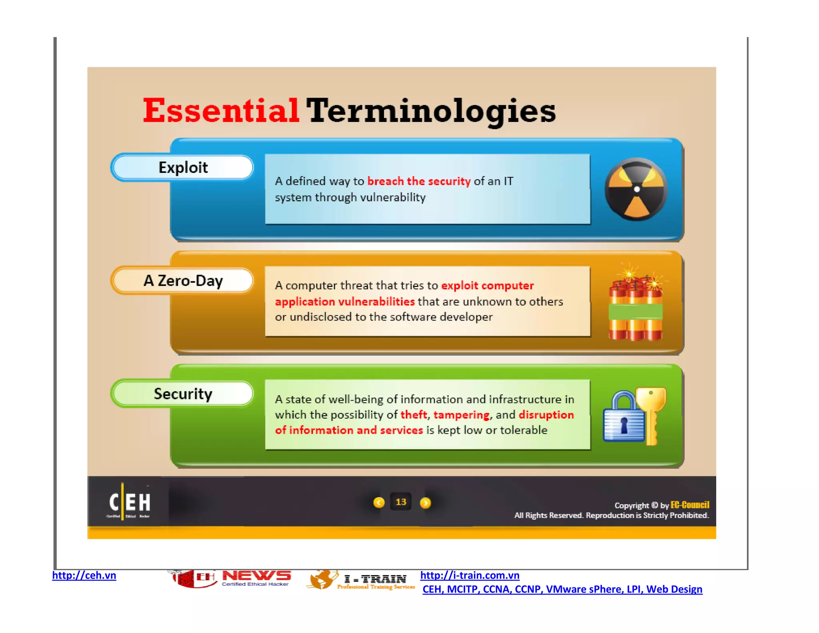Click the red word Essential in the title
pos(221,111)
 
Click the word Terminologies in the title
pos(431,111)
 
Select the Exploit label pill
pos(183,167)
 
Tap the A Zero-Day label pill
pos(183,280)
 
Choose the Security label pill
pos(183,394)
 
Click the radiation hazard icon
pos(636,189)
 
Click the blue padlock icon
pos(623,418)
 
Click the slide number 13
pos(401,502)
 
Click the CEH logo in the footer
pos(129,502)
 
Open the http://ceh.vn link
pos(84,575)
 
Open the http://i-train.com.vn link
pos(469,575)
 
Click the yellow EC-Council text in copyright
pos(690,505)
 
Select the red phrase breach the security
pos(419,181)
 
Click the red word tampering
pos(461,415)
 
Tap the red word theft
pos(413,415)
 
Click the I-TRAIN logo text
pos(375,579)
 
